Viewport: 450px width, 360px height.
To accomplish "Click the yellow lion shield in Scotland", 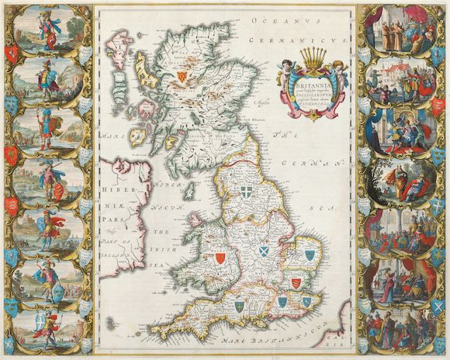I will [x=183, y=75].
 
